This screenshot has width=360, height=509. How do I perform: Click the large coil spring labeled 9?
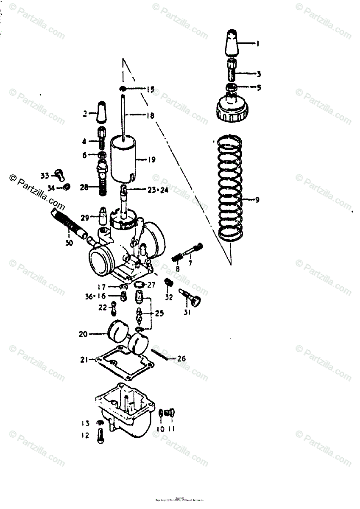231,187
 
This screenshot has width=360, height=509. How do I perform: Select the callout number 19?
151,160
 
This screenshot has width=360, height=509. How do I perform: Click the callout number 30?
69,243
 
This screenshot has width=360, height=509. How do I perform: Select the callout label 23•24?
158,190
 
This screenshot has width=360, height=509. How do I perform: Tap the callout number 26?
181,359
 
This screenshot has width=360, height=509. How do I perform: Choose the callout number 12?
86,435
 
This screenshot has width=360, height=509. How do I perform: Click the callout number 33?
45,175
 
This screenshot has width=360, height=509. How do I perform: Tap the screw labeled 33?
59,173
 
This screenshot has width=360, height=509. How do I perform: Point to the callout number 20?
83,334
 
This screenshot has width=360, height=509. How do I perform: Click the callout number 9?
257,200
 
